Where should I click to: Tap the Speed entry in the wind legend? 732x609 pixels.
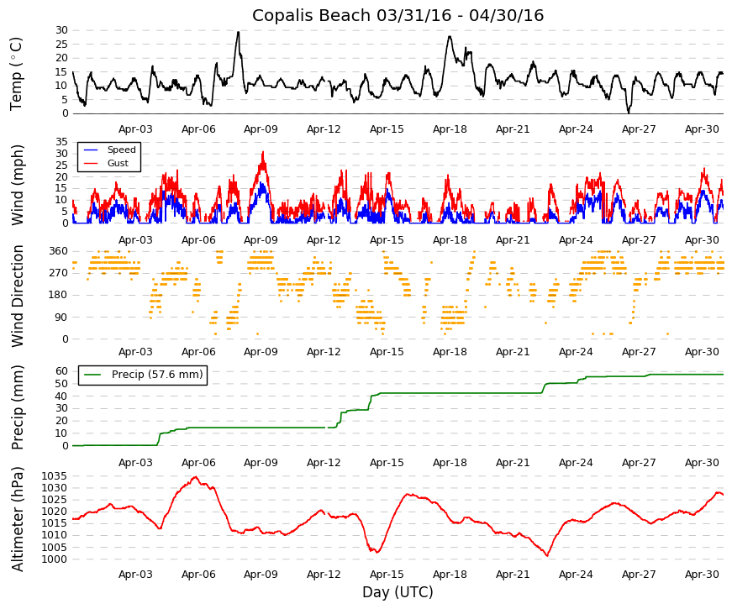click(x=121, y=150)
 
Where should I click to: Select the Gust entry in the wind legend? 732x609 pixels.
click(x=118, y=163)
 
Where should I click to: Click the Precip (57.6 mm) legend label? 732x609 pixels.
click(x=157, y=375)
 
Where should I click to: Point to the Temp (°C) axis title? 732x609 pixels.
click(x=16, y=74)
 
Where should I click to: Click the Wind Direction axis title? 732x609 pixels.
click(x=18, y=297)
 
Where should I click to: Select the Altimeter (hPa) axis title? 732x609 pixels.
click(x=18, y=519)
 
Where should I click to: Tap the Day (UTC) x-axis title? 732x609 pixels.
click(x=398, y=592)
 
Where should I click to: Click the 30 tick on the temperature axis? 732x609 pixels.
click(x=61, y=30)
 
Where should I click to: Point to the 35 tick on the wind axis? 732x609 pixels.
click(x=61, y=142)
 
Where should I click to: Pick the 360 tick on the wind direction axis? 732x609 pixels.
click(x=59, y=251)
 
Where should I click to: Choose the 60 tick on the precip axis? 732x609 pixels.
click(x=61, y=371)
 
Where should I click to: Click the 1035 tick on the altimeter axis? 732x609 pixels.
click(x=55, y=476)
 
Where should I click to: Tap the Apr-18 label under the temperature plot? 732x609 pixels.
click(x=450, y=129)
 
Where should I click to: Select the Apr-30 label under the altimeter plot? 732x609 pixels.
click(x=702, y=575)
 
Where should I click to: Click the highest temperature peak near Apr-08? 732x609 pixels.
click(x=238, y=32)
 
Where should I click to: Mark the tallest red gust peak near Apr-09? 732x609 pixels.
click(x=263, y=152)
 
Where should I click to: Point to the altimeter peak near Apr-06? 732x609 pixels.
click(x=196, y=477)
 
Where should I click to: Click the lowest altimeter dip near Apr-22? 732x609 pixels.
click(x=547, y=555)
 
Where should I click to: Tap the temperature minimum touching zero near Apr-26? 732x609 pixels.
click(x=629, y=113)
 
